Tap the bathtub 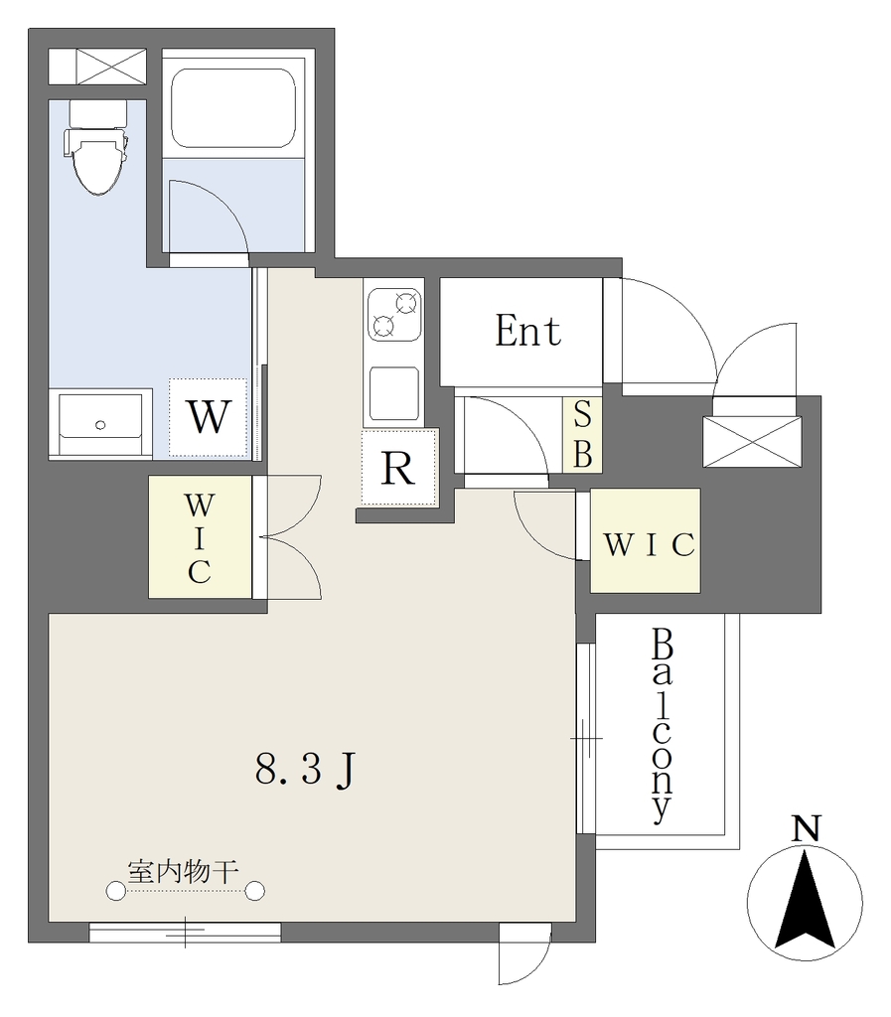[232, 108]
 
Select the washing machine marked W [209, 417]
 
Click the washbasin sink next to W [100, 424]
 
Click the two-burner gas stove [394, 315]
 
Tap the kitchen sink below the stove [394, 393]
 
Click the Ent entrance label [527, 332]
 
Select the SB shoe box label [582, 434]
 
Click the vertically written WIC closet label [199, 538]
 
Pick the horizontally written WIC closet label [650, 545]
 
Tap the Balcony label [663, 724]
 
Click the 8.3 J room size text [305, 771]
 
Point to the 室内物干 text [184, 871]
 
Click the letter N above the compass [806, 828]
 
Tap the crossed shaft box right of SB [752, 442]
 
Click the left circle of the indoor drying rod [116, 891]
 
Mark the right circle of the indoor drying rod [255, 891]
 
